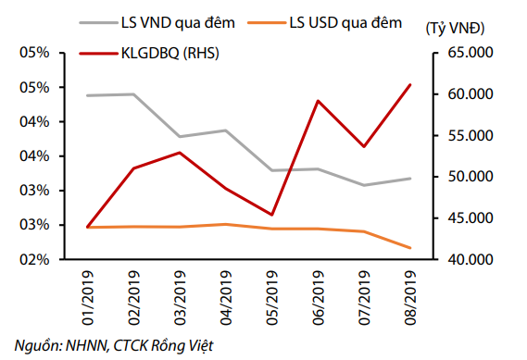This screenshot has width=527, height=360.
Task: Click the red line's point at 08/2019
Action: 410,84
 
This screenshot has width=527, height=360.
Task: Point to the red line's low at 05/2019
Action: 272,215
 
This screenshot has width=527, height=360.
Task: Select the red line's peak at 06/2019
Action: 319,101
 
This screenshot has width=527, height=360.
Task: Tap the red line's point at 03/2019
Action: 181,153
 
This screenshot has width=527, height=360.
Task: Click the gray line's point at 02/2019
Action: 134,94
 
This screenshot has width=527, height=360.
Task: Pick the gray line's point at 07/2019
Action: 365,185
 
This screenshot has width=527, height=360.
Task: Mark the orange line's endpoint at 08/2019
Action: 410,248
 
